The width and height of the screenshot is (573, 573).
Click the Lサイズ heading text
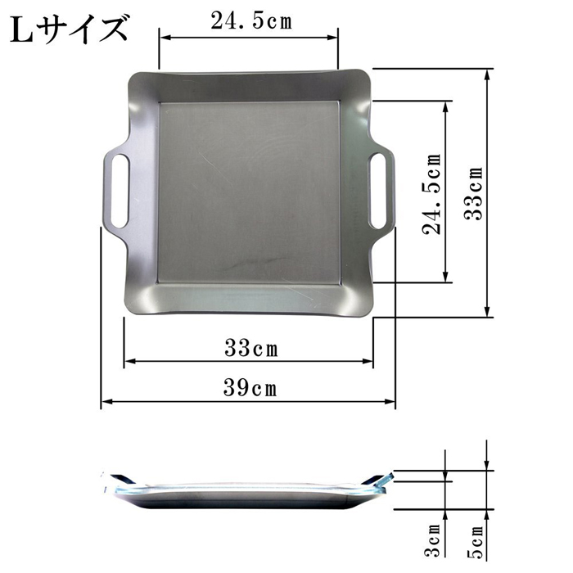pos(70,29)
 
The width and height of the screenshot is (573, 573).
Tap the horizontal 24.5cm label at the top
pos(251,20)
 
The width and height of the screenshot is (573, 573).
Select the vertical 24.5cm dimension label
pos(432,194)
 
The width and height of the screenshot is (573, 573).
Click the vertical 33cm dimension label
pos(474,193)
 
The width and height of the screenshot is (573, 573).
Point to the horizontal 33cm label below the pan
pos(251,348)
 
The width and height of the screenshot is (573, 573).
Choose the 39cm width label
pos(250,388)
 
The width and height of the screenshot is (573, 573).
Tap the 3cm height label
pos(433,540)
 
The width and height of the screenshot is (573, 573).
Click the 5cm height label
pos(476,542)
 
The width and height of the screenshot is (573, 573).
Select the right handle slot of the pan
pos(378,191)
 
